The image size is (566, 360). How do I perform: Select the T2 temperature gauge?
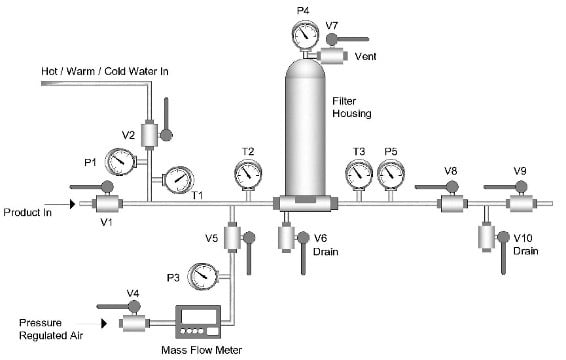pos(248,175)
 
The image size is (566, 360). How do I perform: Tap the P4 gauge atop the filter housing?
pos(304,36)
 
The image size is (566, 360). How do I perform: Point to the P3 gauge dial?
pos(203,274)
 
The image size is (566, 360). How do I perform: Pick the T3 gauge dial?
pos(359,175)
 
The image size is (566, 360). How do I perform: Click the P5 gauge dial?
pos(389,175)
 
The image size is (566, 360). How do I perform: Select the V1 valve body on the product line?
pos(107,205)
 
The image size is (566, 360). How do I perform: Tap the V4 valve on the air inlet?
pos(132,321)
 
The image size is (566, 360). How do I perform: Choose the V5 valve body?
pos(232,239)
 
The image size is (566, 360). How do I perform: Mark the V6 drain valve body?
pos(287,238)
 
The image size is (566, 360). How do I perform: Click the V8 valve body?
pos(453,204)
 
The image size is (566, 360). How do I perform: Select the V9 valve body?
pos(521,204)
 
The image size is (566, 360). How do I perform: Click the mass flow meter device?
pos(202,321)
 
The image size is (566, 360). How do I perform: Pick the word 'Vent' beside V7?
pos(366,57)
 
